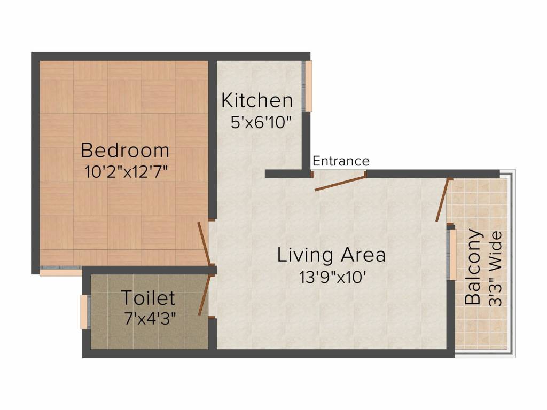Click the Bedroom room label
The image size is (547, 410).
click(124, 150)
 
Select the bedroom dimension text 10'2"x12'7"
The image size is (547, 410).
click(126, 172)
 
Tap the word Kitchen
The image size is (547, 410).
click(257, 100)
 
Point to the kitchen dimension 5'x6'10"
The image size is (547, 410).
click(260, 122)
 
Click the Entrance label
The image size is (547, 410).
click(341, 161)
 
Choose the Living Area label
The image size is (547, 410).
click(331, 255)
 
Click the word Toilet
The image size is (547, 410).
click(148, 297)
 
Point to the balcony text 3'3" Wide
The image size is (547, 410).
click(496, 267)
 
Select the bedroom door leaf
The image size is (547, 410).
click(203, 243)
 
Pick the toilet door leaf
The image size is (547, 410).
click(204, 295)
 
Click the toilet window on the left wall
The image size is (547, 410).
click(84, 312)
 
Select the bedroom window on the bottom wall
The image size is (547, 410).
click(60, 271)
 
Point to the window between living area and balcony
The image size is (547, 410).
click(452, 255)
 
